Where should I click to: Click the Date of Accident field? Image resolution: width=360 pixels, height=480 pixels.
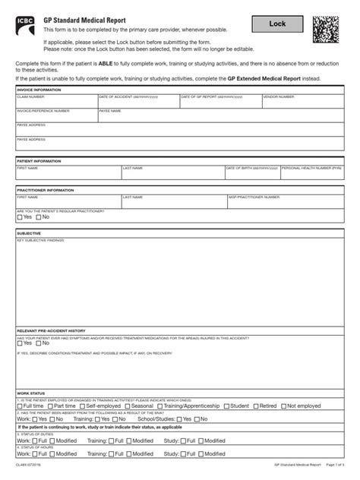[137, 102]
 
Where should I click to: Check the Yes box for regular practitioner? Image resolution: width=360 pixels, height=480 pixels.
[20, 216]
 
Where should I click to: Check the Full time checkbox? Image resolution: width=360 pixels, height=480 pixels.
[21, 406]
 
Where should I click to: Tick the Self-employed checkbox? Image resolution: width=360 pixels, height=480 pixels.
[82, 406]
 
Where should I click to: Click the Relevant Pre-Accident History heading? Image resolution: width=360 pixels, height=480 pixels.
[51, 331]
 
